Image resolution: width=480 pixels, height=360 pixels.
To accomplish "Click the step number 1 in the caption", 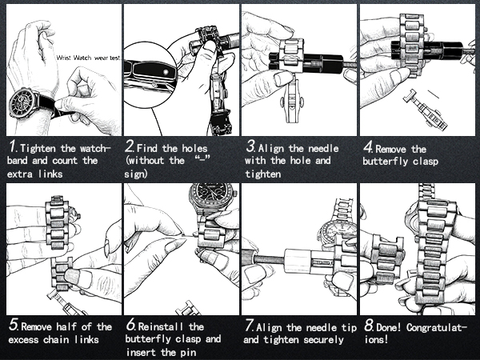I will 12,149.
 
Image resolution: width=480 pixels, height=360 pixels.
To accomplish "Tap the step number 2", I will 130,149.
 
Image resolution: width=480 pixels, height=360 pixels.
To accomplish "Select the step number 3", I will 250,149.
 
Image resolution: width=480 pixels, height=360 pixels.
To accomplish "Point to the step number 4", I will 368,149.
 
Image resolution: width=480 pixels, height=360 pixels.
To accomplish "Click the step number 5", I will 12,326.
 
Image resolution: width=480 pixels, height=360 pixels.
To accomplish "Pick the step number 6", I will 130,326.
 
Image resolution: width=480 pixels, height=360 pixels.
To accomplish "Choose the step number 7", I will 250,326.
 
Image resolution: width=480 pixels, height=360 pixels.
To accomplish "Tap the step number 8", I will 368,326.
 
